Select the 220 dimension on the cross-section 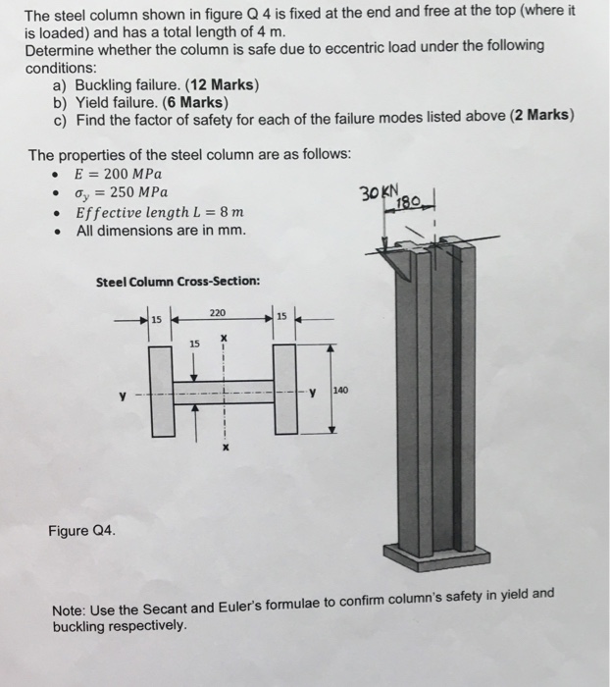click(x=218, y=313)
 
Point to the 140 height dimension click(x=341, y=391)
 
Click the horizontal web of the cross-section click(x=224, y=392)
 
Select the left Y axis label click(x=122, y=397)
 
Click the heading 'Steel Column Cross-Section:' click(x=178, y=282)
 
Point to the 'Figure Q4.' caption click(x=81, y=531)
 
